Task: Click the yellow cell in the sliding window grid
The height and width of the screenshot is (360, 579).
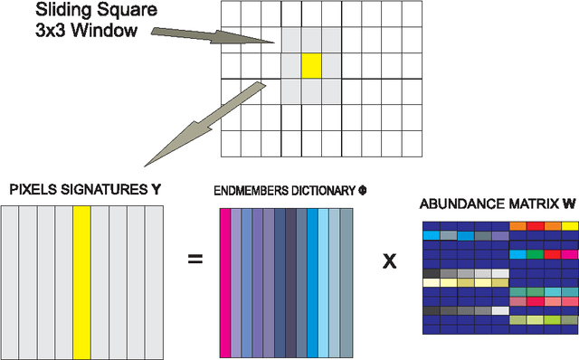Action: click(x=310, y=66)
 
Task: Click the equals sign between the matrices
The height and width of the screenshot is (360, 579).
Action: click(x=195, y=261)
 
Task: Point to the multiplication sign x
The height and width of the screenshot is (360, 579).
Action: click(x=390, y=261)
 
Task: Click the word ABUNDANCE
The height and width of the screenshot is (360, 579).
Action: click(x=457, y=204)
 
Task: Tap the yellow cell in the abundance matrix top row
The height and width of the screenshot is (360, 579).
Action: click(x=570, y=225)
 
